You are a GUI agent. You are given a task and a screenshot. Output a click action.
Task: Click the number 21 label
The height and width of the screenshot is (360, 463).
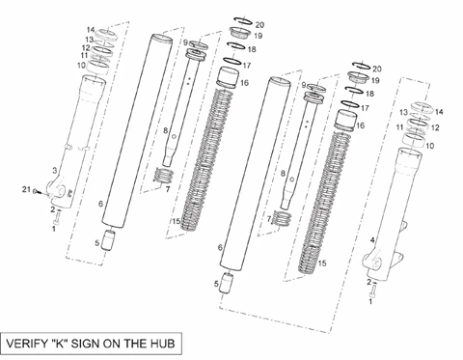click(x=26, y=189)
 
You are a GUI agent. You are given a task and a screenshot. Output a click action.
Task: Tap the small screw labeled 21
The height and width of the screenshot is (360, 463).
click(x=37, y=192)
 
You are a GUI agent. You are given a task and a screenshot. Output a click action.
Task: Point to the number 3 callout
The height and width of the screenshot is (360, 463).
click(x=55, y=171)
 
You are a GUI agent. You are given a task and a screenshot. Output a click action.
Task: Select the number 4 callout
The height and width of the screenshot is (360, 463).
click(x=372, y=240)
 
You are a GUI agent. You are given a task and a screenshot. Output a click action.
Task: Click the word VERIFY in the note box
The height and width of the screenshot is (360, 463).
click(x=27, y=344)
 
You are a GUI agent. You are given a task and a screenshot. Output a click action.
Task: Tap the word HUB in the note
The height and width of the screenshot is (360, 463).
click(x=162, y=344)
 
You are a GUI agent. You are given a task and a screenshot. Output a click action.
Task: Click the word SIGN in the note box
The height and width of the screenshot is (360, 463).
click(x=85, y=344)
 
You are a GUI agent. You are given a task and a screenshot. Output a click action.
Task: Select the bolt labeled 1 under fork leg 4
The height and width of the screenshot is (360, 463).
click(x=372, y=292)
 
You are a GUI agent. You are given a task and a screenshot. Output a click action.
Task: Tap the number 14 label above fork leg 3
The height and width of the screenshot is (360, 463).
click(x=91, y=30)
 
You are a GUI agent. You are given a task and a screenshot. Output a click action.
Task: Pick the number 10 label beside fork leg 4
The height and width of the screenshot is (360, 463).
click(x=430, y=146)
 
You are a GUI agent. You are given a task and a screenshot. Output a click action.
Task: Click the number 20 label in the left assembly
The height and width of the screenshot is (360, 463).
click(x=259, y=25)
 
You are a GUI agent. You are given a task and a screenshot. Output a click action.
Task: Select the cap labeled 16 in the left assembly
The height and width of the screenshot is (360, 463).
click(x=228, y=77)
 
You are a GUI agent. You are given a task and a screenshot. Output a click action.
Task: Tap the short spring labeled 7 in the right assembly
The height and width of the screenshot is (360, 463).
click(x=282, y=219)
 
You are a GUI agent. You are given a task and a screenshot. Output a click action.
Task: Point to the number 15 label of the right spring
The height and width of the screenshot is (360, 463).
click(x=322, y=263)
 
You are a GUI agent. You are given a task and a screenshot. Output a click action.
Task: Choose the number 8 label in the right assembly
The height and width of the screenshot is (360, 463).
click(x=283, y=174)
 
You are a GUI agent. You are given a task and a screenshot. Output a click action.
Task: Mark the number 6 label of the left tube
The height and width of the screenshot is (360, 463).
click(x=101, y=204)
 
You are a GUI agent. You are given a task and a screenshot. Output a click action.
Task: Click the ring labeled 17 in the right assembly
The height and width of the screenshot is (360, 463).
click(x=349, y=104)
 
